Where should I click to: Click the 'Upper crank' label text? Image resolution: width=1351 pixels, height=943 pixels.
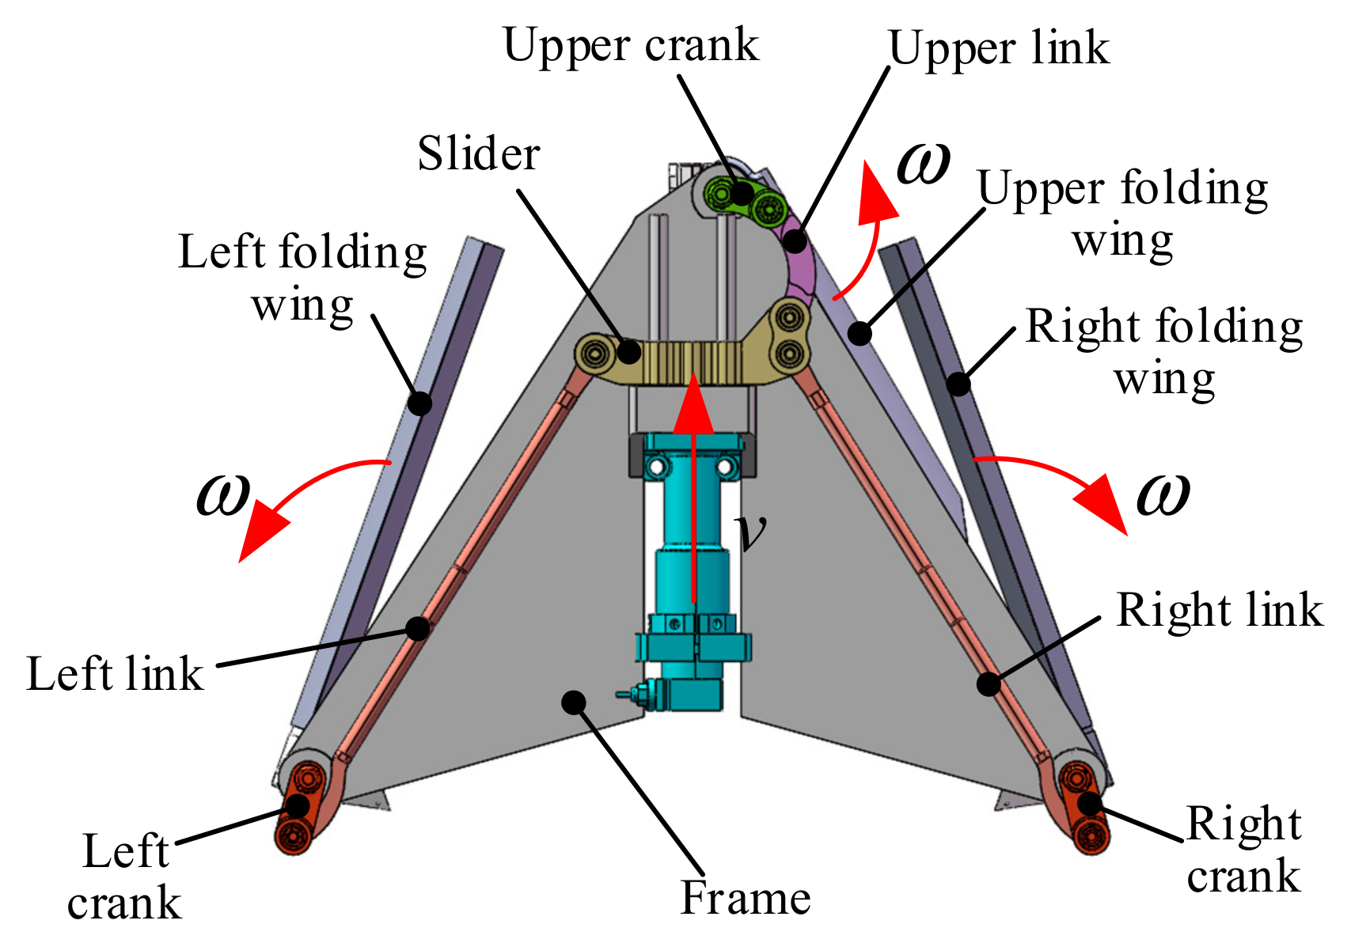point(631,45)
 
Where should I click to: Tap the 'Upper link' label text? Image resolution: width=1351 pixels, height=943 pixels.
point(999,48)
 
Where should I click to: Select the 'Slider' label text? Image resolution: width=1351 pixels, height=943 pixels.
point(478,153)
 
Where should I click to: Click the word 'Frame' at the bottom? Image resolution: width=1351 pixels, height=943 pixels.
point(746,898)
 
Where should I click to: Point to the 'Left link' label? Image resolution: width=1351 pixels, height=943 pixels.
point(115,675)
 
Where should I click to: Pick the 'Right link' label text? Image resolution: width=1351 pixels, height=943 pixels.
point(1219,611)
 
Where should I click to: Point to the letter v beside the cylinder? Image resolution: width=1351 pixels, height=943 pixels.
point(750,530)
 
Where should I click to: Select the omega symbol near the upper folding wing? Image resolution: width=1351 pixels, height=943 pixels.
point(923,164)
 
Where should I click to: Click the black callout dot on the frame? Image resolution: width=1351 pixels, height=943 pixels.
point(573,702)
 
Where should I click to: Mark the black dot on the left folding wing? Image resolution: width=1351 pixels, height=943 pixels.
point(420,403)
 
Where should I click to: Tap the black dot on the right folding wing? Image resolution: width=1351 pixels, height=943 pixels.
point(958,384)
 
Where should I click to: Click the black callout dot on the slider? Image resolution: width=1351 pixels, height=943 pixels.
point(629,352)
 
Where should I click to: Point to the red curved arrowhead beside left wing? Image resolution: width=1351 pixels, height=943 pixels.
point(261,534)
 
